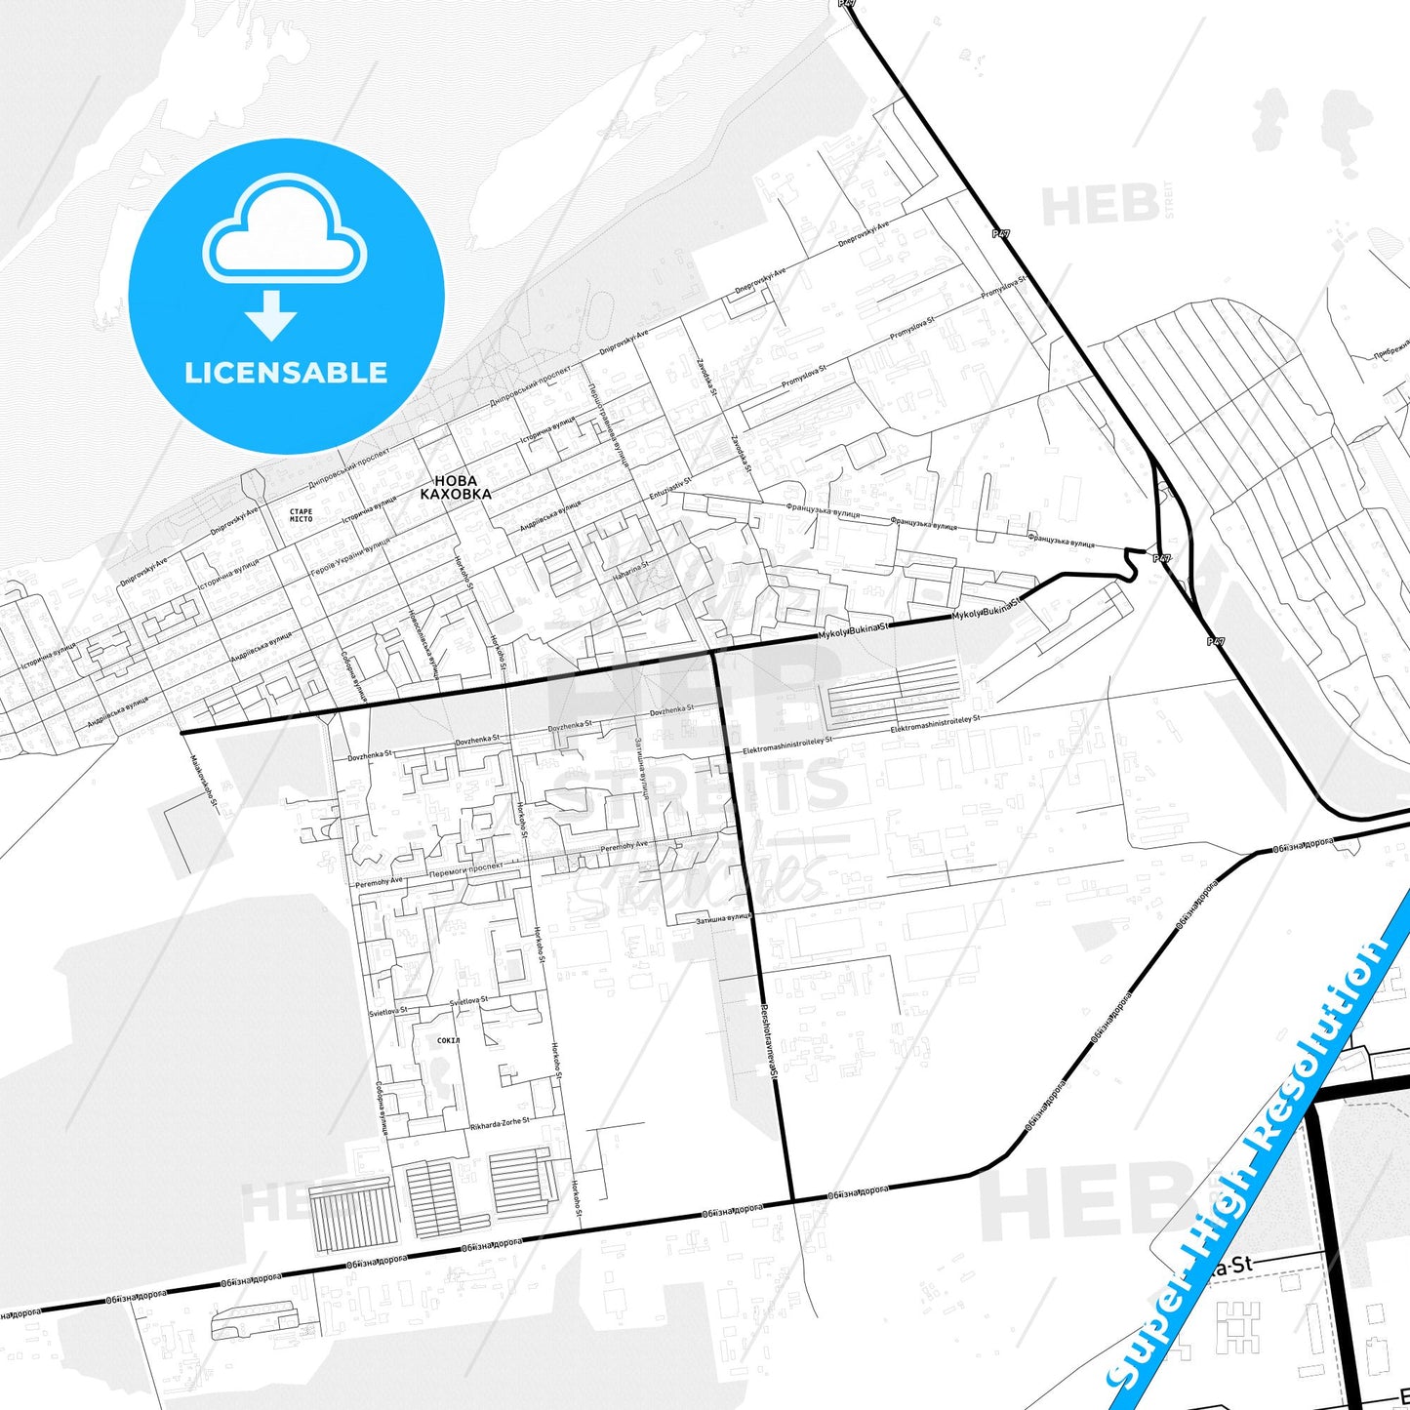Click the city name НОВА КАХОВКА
coord(456,487)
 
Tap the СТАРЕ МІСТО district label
coord(301,515)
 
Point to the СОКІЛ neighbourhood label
coord(449,1041)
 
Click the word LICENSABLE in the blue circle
coord(286,373)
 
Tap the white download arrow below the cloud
coord(271,314)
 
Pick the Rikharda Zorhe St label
coord(501,1123)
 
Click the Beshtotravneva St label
coord(767,1039)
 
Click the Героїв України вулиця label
coord(350,556)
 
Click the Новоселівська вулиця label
coord(423,643)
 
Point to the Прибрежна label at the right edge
coord(1392,348)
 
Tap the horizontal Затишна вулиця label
coord(723,918)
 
